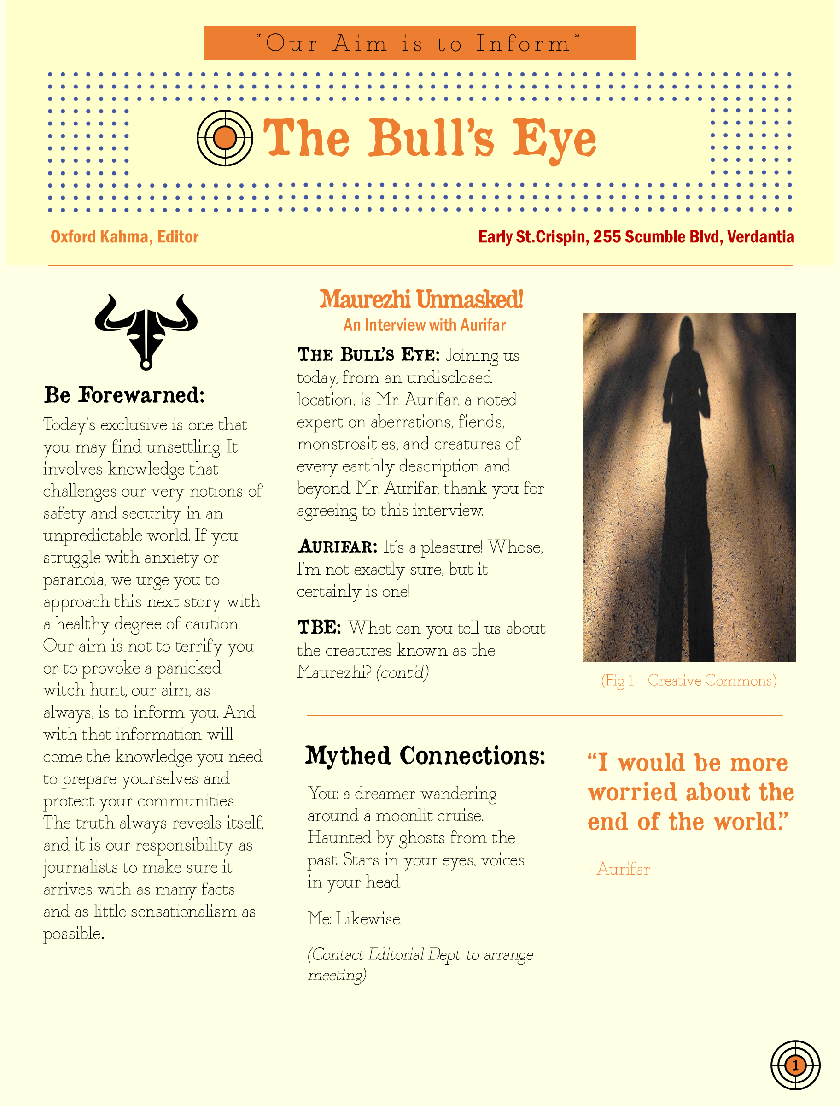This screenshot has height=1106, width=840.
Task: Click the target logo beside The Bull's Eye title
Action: tap(224, 138)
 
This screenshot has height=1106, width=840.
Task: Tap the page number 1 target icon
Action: tap(795, 1065)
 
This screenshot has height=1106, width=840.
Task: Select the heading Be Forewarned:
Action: tap(124, 396)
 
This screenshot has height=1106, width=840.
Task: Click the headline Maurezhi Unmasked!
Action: tap(421, 300)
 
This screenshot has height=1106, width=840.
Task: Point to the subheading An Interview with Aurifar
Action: tap(424, 325)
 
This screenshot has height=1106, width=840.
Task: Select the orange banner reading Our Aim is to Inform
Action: tap(419, 43)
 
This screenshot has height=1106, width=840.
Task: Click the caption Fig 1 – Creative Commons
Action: tap(688, 680)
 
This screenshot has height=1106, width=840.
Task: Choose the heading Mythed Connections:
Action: tap(425, 756)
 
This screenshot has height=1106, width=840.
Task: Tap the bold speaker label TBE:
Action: tap(319, 627)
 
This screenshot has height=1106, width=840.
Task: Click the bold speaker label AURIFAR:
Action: tap(338, 547)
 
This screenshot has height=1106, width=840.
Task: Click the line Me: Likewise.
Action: tap(355, 918)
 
